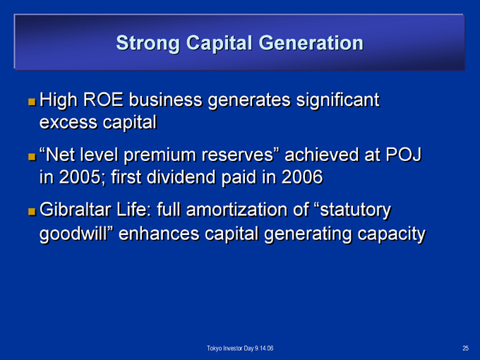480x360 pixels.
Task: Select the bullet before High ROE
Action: pos(32,102)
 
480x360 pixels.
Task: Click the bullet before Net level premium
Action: pos(32,157)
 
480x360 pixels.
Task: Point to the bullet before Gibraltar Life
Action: pos(32,211)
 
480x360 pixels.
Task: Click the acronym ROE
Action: pos(103,100)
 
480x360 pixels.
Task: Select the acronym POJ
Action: pos(404,155)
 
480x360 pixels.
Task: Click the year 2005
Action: pos(80,177)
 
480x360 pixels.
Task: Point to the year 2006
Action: pos(302,177)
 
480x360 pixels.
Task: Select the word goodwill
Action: pos(76,234)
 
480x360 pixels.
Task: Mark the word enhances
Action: pos(159,234)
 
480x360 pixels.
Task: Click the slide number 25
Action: pos(465,348)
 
